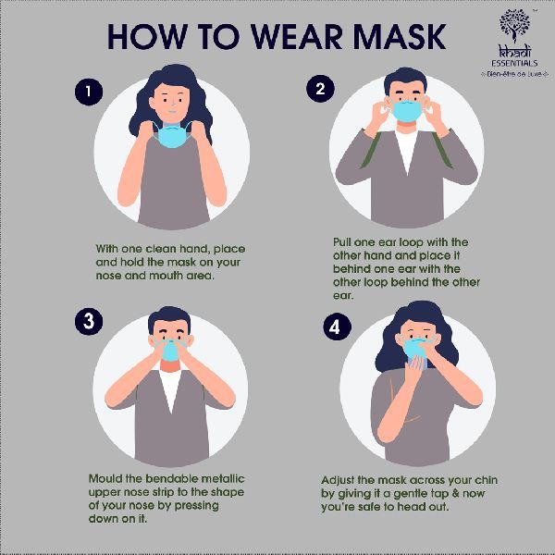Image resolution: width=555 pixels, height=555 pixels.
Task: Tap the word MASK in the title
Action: pyautogui.click(x=399, y=37)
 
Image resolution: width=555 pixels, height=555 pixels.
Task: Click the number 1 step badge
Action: pyautogui.click(x=89, y=92)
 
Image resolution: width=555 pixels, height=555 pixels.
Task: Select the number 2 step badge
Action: pyautogui.click(x=320, y=89)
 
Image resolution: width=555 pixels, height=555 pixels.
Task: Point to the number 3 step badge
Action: pyautogui.click(x=89, y=321)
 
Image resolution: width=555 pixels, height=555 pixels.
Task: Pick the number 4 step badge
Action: pyautogui.click(x=337, y=327)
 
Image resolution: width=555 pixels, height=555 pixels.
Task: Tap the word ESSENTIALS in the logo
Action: pyautogui.click(x=514, y=64)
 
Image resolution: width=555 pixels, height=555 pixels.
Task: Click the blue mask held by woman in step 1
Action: pyautogui.click(x=172, y=136)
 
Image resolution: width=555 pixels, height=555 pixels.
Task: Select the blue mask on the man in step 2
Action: pyautogui.click(x=407, y=111)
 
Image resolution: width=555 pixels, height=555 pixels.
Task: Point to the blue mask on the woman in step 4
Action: pyautogui.click(x=416, y=349)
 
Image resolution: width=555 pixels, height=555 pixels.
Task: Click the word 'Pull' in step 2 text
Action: pyautogui.click(x=341, y=242)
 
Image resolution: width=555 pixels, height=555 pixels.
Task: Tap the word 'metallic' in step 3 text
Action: pyautogui.click(x=223, y=478)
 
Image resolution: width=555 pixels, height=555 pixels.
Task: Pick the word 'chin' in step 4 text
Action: pyautogui.click(x=487, y=480)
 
